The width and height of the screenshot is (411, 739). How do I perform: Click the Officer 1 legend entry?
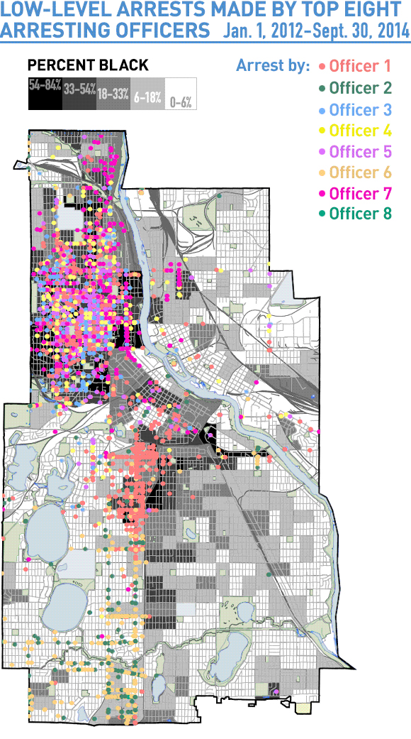coord(360,67)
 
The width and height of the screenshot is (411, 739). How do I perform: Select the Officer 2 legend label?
coord(360,88)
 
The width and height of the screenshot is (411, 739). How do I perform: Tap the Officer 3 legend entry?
coord(360,109)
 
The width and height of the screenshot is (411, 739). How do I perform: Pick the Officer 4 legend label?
coord(360,131)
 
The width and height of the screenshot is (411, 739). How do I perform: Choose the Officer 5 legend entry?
coord(360,152)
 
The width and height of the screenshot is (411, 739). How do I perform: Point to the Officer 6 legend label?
coord(360,173)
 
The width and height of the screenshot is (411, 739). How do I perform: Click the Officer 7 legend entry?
coord(360,194)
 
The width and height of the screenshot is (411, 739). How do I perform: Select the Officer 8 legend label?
coord(360,214)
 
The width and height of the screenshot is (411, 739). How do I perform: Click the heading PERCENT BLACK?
coord(88,65)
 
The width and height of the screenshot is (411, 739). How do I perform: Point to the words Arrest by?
coord(273,66)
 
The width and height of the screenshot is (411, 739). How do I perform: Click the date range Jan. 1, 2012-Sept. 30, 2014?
coord(315,32)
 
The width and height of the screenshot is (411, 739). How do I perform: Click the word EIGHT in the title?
coord(371,11)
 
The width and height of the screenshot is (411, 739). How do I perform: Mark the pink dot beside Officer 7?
coord(322,195)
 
